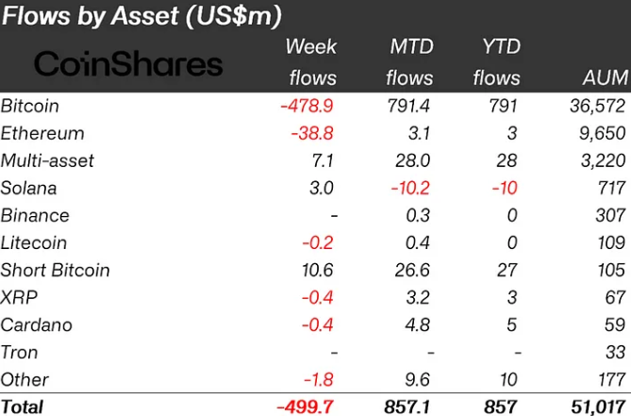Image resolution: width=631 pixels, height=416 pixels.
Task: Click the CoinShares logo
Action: pos(129,64)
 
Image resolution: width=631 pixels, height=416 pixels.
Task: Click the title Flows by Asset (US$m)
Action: pos(141,15)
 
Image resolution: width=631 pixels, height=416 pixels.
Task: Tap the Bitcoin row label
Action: pos(30,106)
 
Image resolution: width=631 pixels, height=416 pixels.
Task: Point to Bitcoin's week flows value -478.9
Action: pos(307,106)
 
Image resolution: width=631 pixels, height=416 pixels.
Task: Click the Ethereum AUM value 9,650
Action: pos(602,133)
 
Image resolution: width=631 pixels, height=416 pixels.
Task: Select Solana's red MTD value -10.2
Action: pos(409,188)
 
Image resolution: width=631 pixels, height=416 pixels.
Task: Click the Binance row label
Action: pos(35,215)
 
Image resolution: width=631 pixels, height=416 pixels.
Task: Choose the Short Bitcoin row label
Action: pos(56,270)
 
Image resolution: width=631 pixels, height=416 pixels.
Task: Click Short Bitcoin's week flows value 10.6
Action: pos(314,270)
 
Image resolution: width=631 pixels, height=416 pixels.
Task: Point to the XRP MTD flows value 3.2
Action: pos(419,297)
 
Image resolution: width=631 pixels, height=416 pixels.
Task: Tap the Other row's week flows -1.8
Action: pos(317,379)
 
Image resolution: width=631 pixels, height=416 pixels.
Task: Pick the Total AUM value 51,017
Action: pos(596,407)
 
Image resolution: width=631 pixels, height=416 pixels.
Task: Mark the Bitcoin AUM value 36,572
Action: pos(596,106)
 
